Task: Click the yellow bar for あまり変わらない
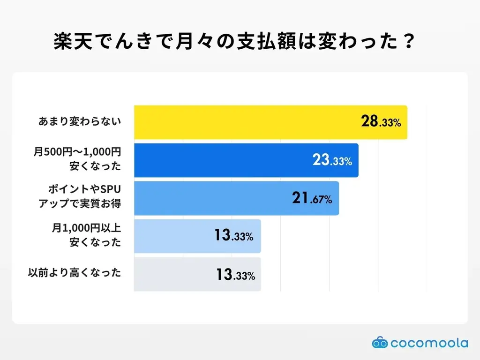[x=244, y=122]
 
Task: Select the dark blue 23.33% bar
[x=225, y=160]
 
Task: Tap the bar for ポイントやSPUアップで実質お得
[x=211, y=198]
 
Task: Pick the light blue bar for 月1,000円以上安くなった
[x=173, y=236]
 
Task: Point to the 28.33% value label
[x=381, y=122]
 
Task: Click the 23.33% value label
[x=332, y=161]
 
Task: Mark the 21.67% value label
[x=312, y=199]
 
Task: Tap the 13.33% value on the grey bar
[x=235, y=275]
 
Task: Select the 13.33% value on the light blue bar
[x=233, y=236]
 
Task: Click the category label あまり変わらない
[x=80, y=122]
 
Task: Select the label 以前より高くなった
[x=75, y=273]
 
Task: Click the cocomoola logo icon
[x=381, y=343]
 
